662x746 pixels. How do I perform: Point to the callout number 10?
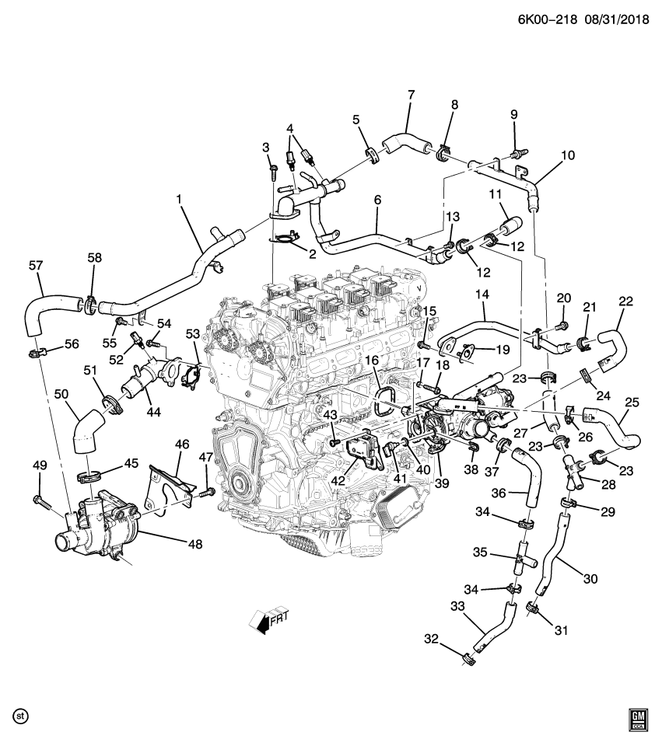(x=568, y=155)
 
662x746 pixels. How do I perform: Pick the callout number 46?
(x=182, y=444)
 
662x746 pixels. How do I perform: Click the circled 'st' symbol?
(x=21, y=713)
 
